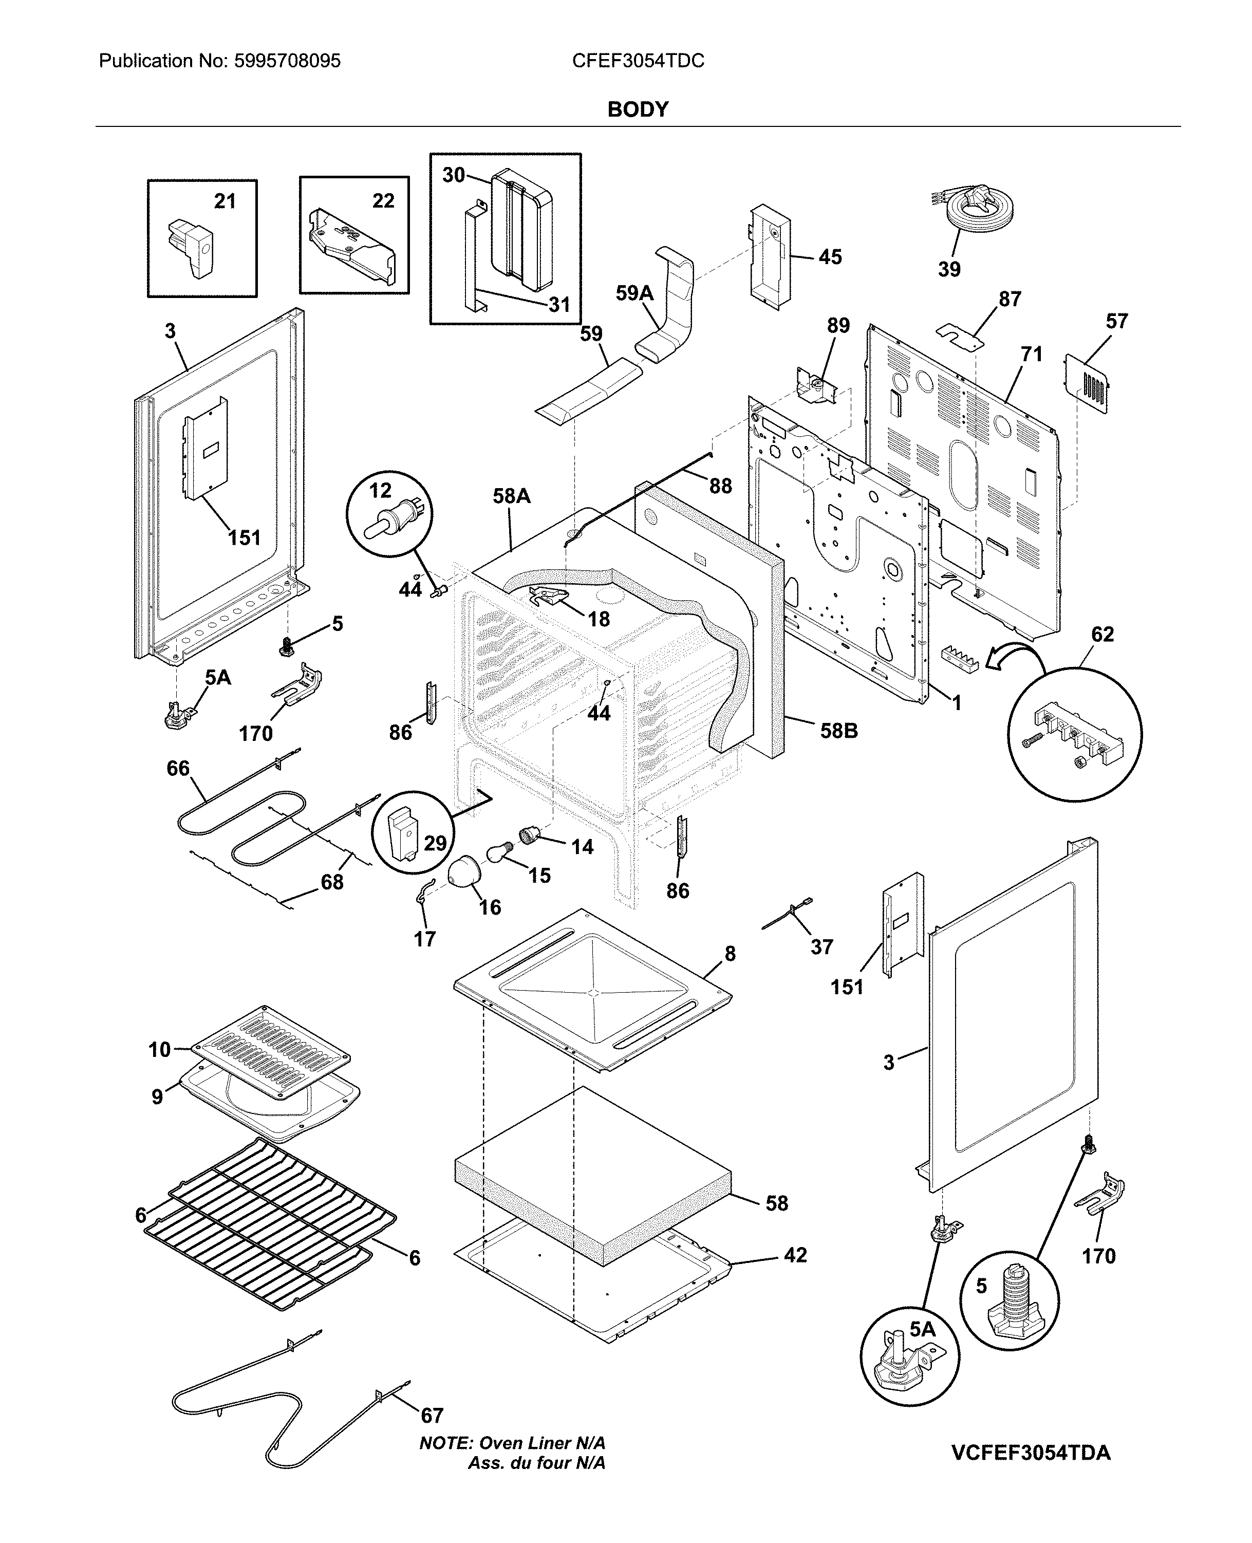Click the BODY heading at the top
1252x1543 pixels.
[x=638, y=109]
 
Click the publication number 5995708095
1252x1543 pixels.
[x=287, y=61]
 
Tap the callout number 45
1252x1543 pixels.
[x=830, y=257]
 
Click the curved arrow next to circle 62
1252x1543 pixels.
[x=1013, y=657]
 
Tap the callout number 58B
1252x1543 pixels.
[x=839, y=732]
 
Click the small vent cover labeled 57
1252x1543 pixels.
[x=1088, y=384]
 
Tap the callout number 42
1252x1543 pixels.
[x=795, y=1255]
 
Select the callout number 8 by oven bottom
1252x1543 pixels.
[x=730, y=954]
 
